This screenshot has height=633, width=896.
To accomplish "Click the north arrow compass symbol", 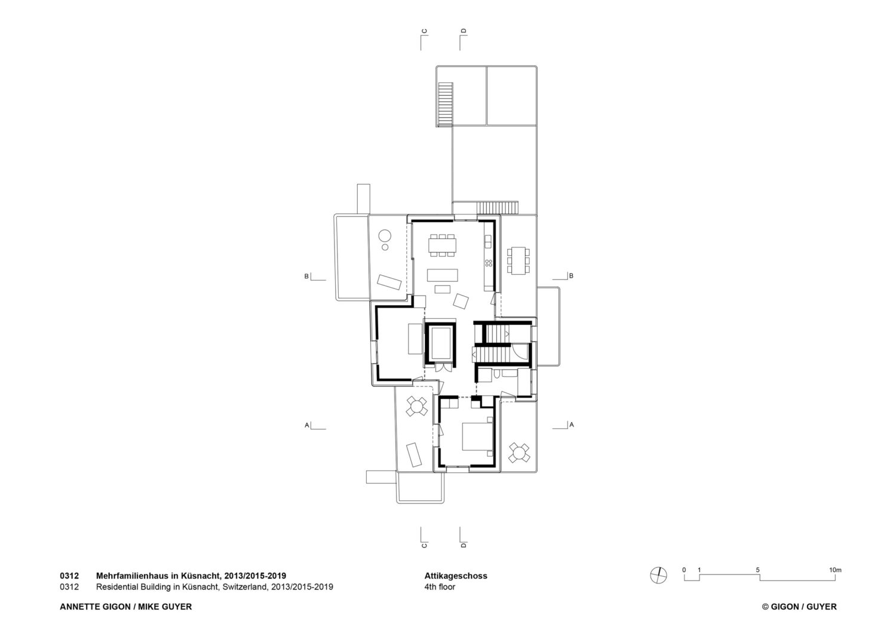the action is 658,576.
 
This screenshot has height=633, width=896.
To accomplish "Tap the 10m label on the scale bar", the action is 835,570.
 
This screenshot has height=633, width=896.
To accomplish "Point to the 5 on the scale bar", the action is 757,570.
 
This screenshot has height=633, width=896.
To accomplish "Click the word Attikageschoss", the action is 456,576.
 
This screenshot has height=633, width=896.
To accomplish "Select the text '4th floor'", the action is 440,587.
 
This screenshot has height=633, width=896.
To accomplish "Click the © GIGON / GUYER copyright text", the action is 799,607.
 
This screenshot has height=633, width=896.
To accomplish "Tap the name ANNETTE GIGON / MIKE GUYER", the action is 125,607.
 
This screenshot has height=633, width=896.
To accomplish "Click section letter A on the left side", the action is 307,425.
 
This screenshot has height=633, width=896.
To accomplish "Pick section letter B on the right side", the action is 571,275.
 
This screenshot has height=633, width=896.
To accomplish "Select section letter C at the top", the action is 424,31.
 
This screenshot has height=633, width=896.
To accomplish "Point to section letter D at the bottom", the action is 464,545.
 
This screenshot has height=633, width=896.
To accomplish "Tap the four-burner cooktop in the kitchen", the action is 489,263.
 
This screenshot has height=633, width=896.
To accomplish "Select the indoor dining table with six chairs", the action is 442,245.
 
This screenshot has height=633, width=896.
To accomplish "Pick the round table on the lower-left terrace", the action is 416,406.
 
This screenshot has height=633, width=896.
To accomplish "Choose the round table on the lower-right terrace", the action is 519,453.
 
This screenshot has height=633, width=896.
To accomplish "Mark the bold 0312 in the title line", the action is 69,576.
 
